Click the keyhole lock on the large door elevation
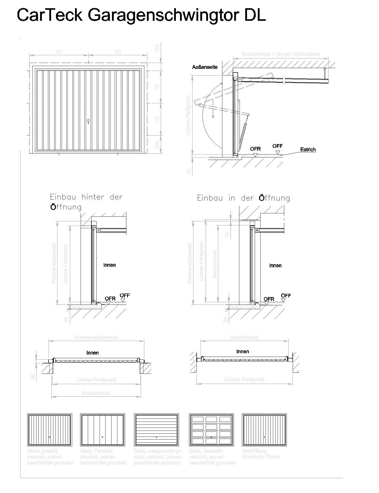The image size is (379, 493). click(88, 121)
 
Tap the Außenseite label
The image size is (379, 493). click(205, 67)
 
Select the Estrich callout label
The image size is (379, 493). click(308, 149)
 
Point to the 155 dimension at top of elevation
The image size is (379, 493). click(157, 48)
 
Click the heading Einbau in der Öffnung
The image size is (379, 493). click(243, 198)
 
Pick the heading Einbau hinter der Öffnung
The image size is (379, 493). click(86, 202)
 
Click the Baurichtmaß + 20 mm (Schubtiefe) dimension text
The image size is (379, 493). click(281, 54)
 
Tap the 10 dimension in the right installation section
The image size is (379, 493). click(227, 234)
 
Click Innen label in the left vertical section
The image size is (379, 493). click(109, 265)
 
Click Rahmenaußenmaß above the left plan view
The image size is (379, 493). click(96, 337)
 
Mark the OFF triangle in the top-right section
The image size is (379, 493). click(277, 153)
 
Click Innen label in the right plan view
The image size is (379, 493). click(242, 352)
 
